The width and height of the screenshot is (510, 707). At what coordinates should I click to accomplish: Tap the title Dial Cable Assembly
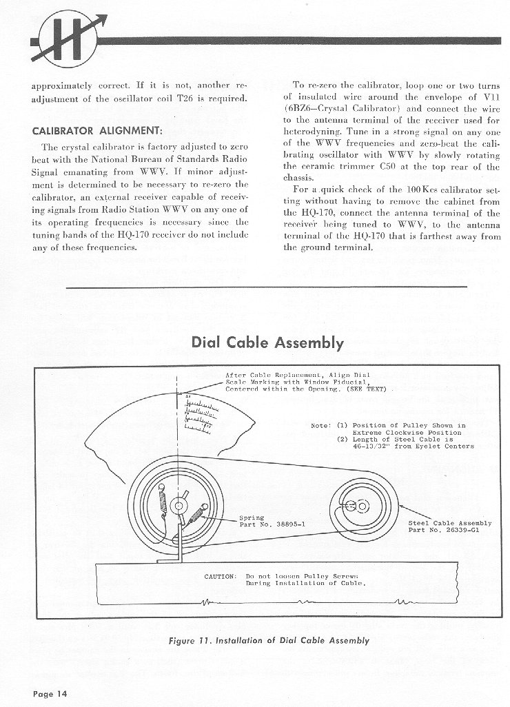(268, 342)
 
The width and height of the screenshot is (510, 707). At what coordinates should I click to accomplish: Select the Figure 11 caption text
(269, 640)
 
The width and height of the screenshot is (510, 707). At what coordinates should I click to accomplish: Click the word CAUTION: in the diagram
(221, 575)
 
